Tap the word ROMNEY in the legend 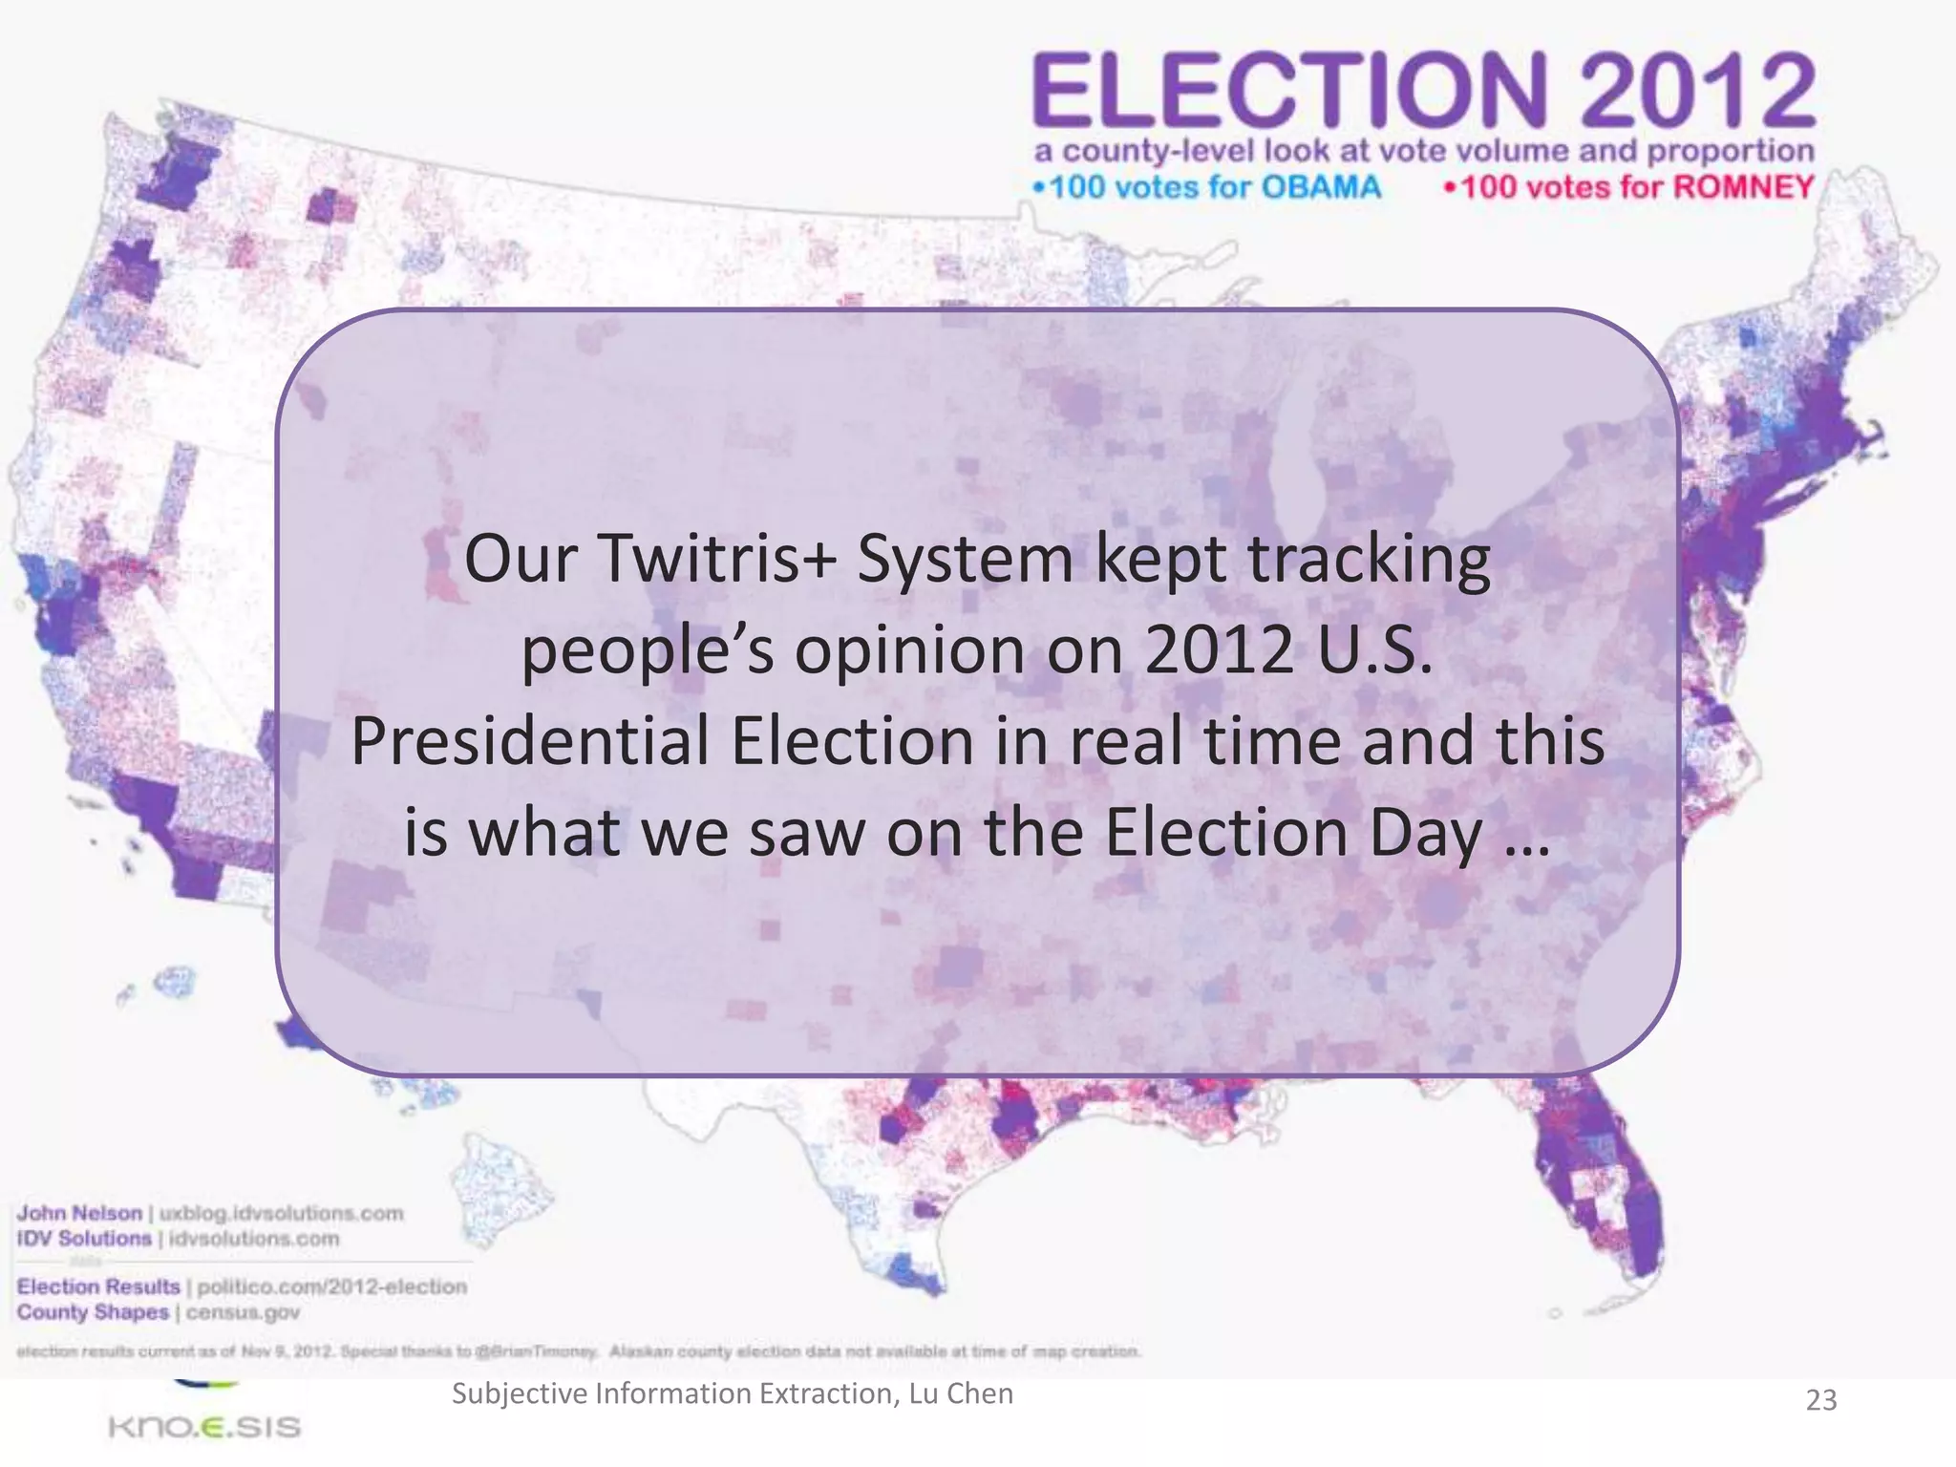click(1743, 186)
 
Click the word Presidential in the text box click(530, 742)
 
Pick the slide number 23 click(1820, 1400)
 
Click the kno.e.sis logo click(204, 1426)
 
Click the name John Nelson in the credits click(79, 1213)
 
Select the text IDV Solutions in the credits click(84, 1239)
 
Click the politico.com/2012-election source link click(331, 1286)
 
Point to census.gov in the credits click(243, 1312)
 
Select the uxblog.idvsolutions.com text click(281, 1213)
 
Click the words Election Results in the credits click(98, 1286)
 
